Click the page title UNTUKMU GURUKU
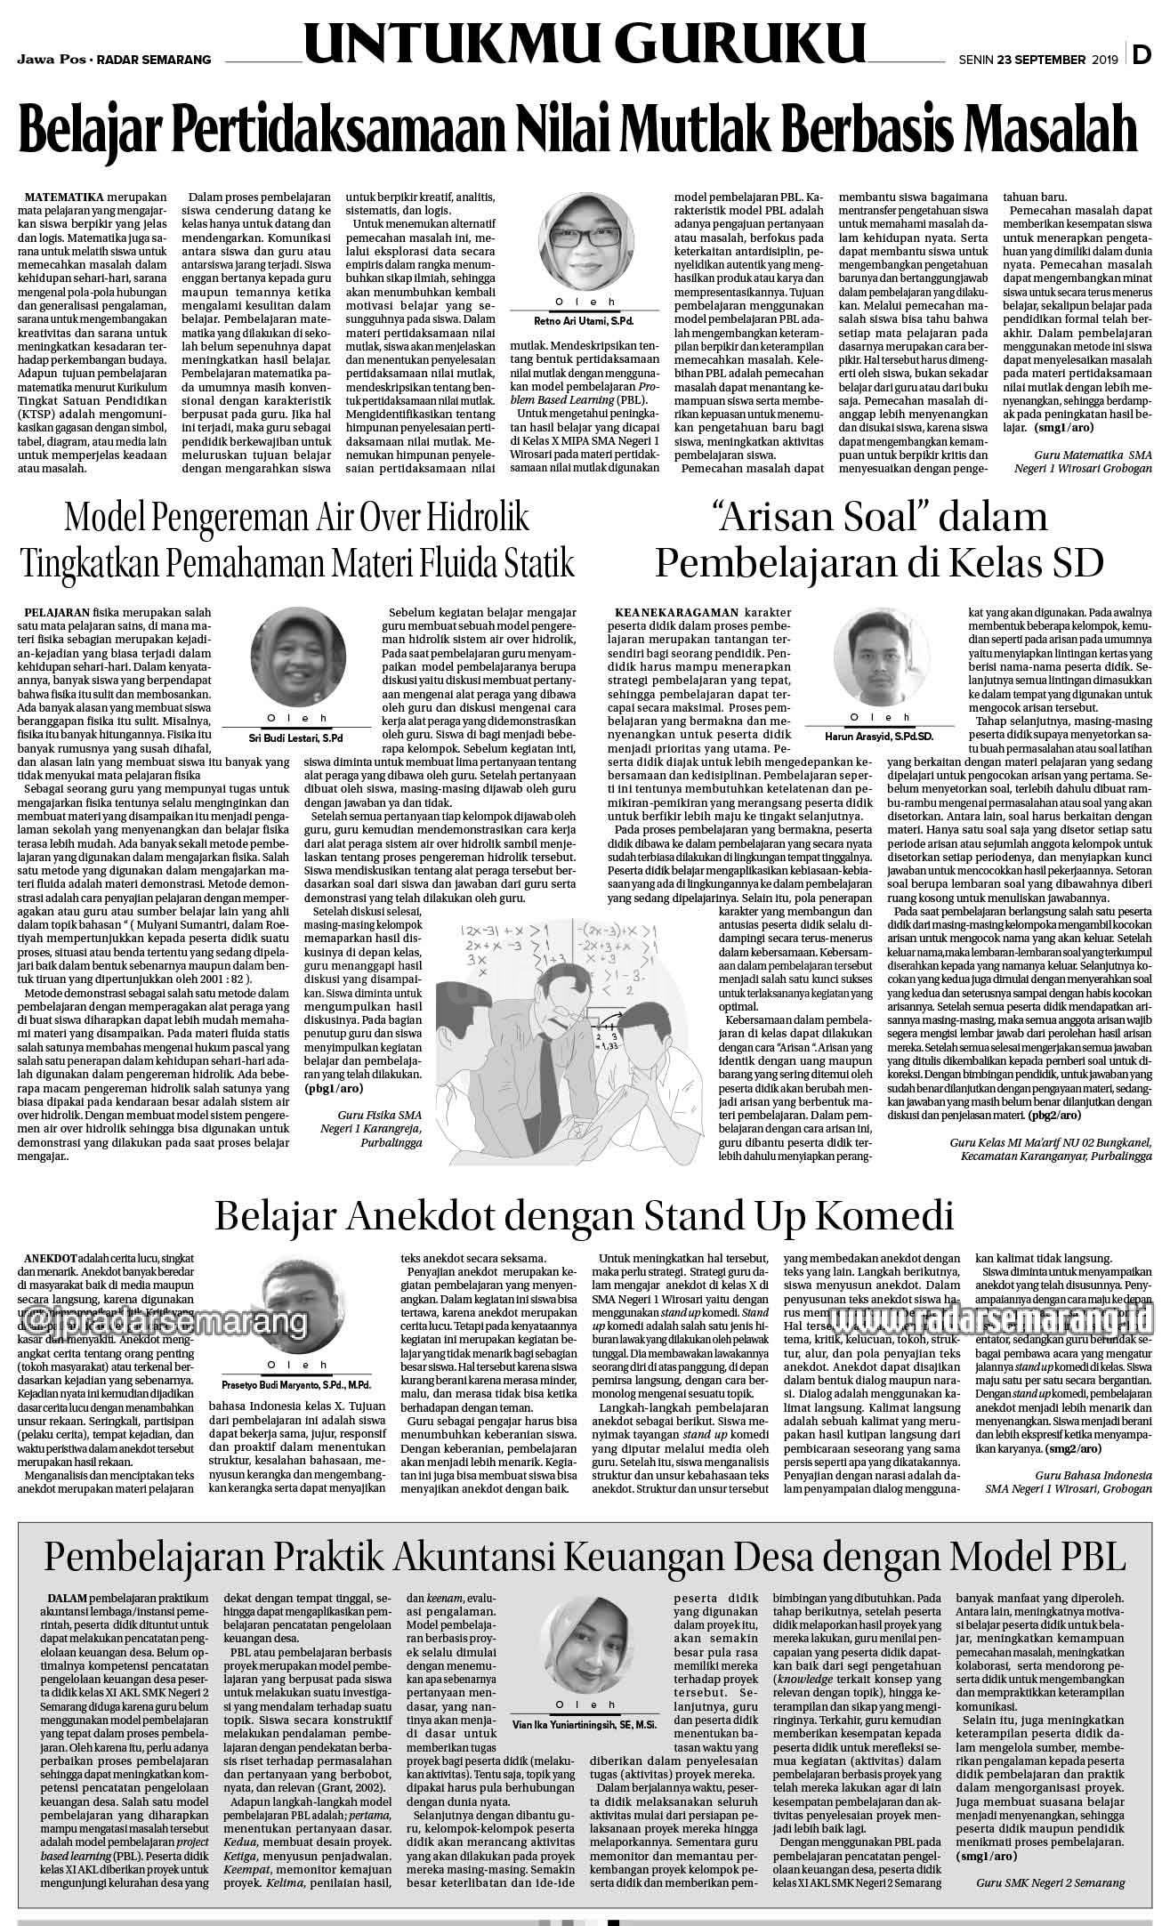point(585,42)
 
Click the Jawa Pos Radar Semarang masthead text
point(114,60)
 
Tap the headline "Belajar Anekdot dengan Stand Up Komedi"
point(584,1213)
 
